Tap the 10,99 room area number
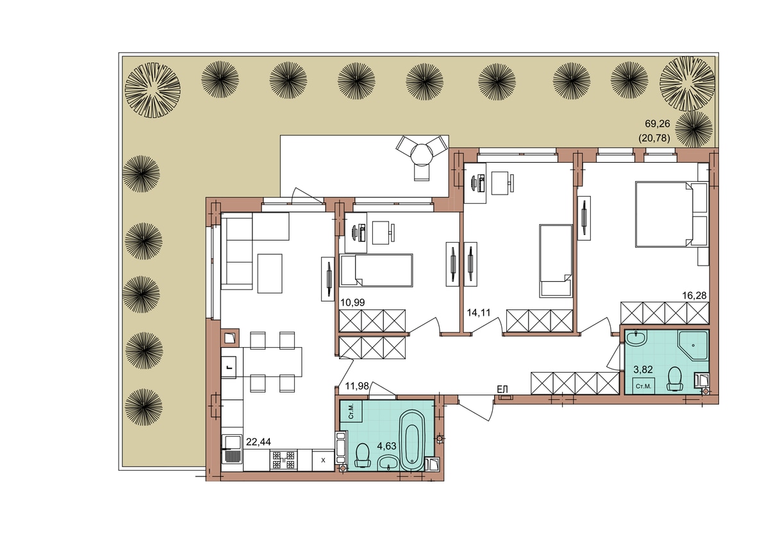(352, 302)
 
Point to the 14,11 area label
(479, 312)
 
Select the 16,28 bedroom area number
(695, 295)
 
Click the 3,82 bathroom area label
(643, 369)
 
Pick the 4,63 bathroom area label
(386, 446)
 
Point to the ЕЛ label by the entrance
(502, 389)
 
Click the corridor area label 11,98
(357, 386)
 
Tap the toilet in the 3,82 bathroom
(675, 378)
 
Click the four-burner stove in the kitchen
(283, 460)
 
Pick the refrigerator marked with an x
(323, 460)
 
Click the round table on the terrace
(422, 154)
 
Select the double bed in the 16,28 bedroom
(672, 215)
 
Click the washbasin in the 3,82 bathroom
(636, 339)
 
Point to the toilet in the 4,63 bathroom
(363, 455)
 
